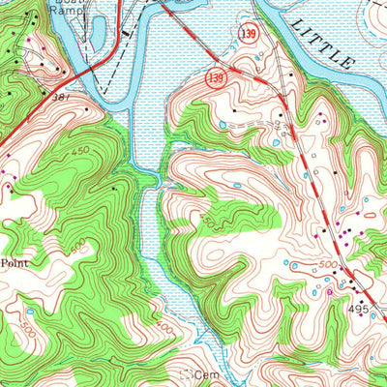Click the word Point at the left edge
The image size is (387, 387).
pos(12,262)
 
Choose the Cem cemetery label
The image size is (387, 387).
pos(203,372)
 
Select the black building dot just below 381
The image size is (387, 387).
pos(88,109)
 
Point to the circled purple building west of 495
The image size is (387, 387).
pos(329,289)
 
